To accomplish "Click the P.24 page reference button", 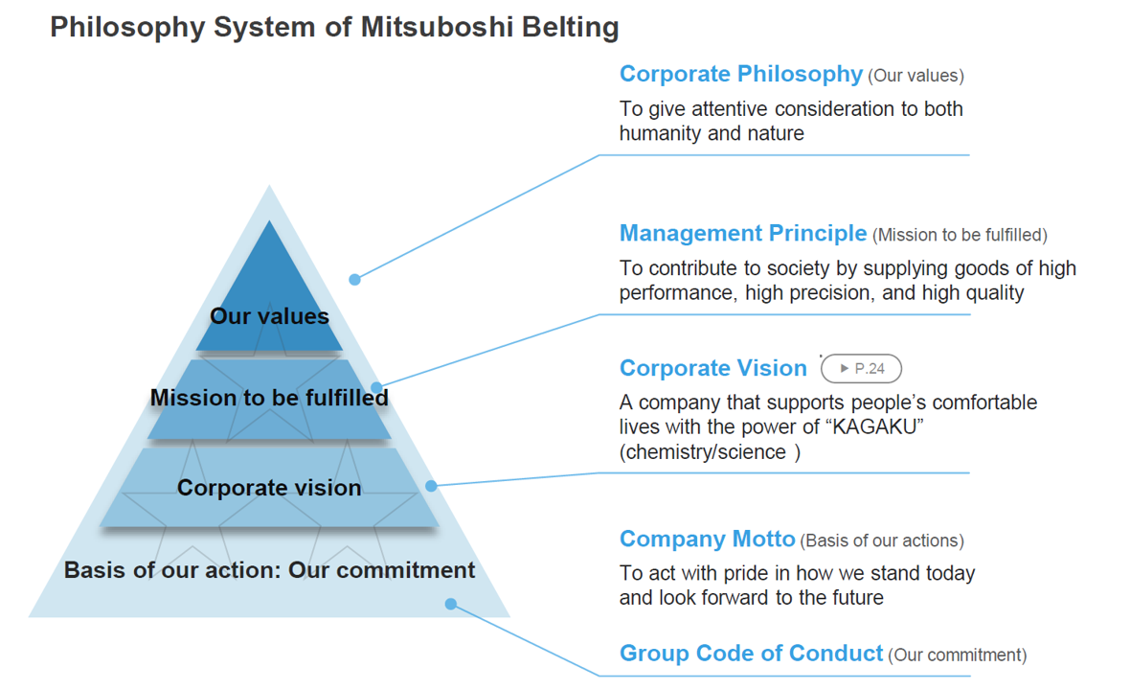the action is click(861, 368).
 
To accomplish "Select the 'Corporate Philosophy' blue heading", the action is click(741, 74).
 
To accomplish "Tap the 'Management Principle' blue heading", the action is click(743, 234).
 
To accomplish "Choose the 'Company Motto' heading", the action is click(707, 539).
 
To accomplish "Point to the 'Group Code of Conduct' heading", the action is click(751, 653).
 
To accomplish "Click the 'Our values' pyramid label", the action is click(269, 316).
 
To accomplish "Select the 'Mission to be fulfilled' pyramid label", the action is click(269, 398).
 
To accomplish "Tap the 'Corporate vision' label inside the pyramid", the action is click(269, 488).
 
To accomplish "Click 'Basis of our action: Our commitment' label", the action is click(269, 569).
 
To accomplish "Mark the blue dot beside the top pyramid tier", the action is click(354, 280).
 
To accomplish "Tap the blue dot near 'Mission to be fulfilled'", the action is click(376, 388).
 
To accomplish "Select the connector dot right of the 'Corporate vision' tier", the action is click(431, 486).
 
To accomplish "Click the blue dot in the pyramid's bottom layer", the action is click(450, 604).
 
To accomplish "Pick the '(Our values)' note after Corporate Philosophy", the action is click(915, 77).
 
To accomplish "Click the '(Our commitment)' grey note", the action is click(957, 655).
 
